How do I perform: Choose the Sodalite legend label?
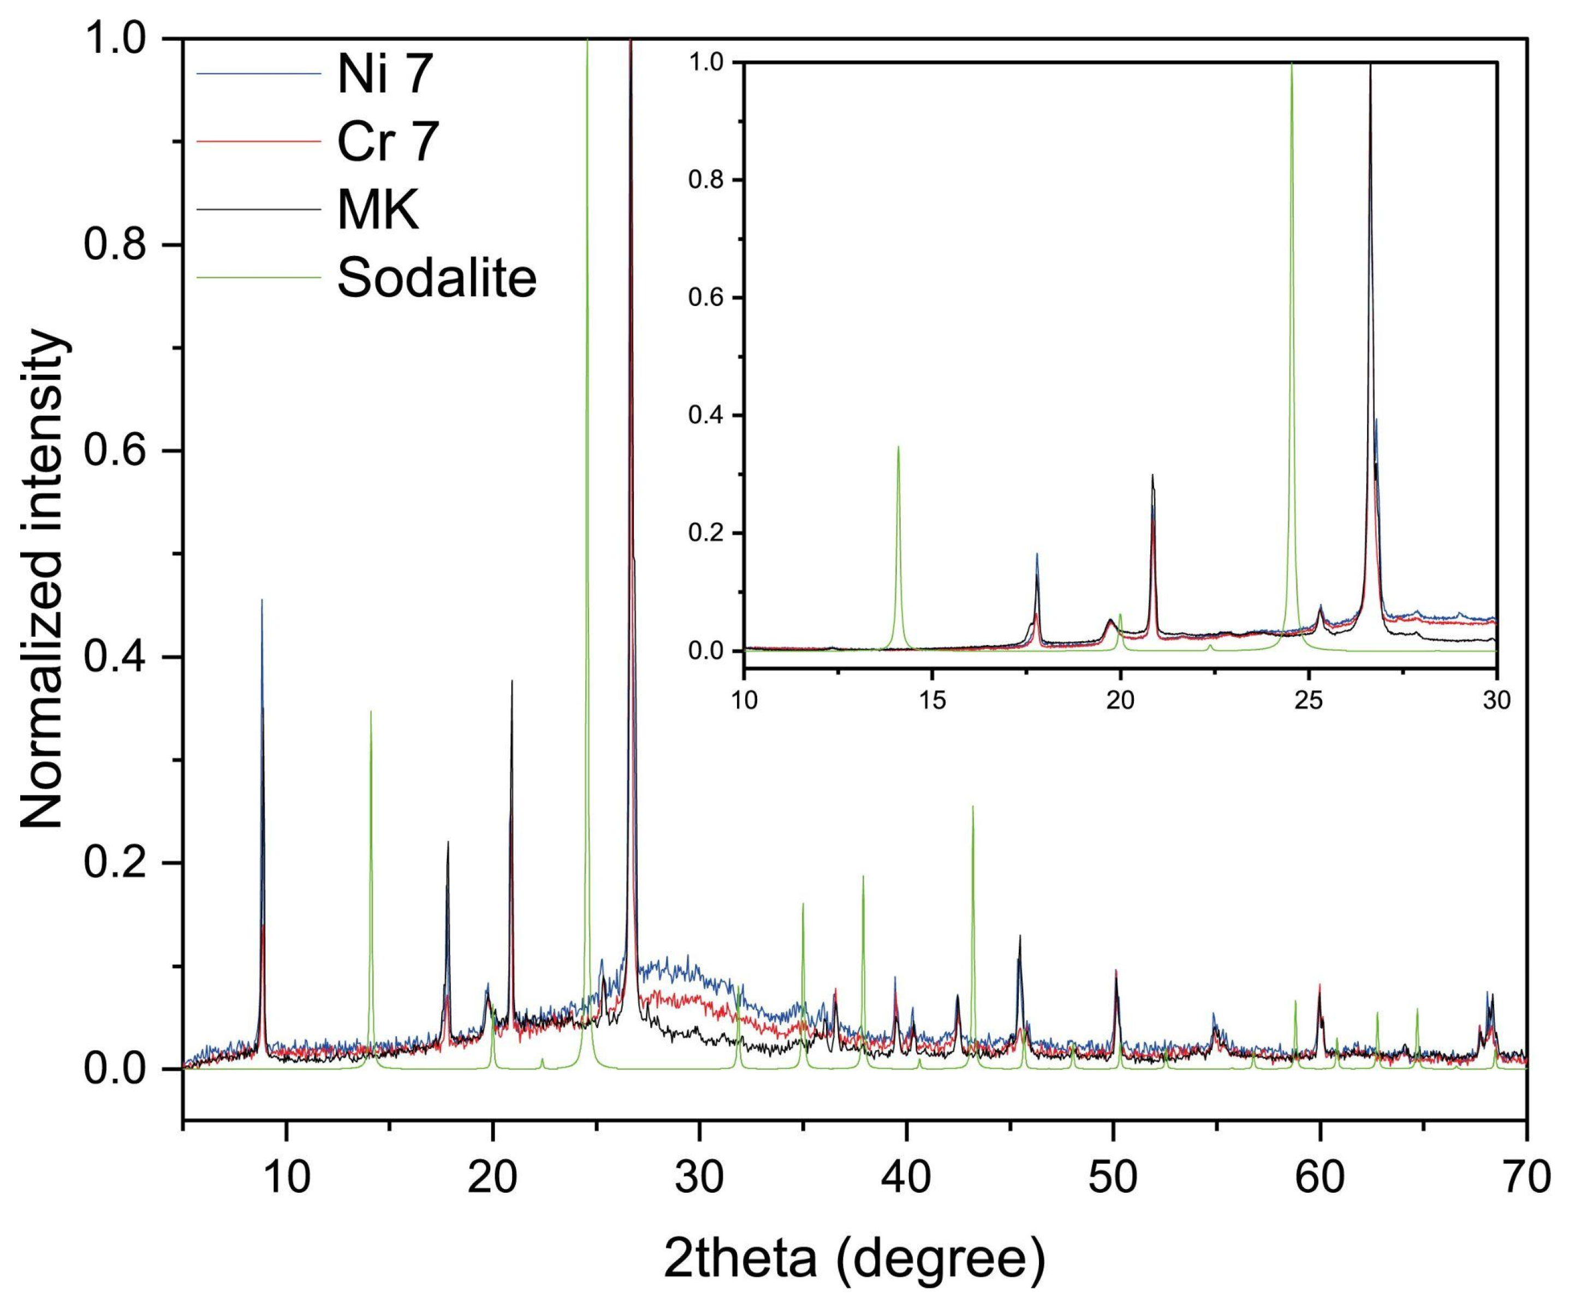coord(437,278)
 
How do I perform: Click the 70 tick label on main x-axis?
coord(1526,1178)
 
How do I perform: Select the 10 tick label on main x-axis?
coord(287,1178)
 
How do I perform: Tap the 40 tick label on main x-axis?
coord(907,1178)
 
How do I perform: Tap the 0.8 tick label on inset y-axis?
coord(707,180)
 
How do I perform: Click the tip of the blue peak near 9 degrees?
coord(261,600)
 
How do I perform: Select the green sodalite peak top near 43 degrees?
coord(972,806)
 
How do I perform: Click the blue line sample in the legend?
coord(258,73)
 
